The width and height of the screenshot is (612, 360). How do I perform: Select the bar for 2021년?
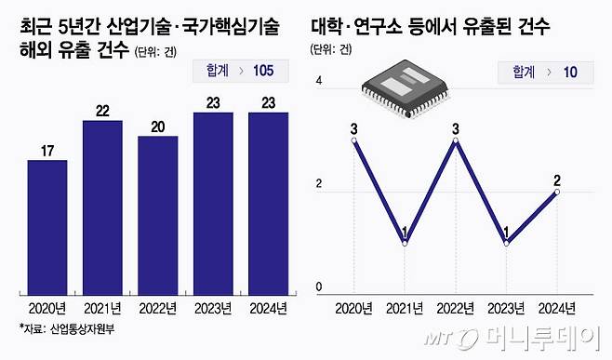102,207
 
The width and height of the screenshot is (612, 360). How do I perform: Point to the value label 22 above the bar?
102,111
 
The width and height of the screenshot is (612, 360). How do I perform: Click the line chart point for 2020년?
354,141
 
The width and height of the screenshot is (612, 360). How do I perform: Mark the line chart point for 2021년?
405,244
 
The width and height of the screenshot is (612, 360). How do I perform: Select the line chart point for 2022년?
456,141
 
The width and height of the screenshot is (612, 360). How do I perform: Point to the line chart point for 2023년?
507,244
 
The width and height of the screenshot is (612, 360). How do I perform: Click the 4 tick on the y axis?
319,82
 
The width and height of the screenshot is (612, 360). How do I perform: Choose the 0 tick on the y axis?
319,287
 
